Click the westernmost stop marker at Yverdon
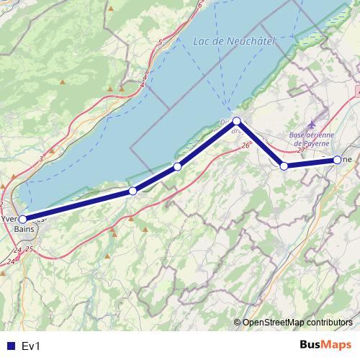22,219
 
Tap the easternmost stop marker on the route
338,159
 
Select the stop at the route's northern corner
236,121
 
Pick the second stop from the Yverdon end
132,191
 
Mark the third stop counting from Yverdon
177,167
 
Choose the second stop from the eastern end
284,166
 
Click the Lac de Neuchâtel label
235,42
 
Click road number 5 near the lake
160,43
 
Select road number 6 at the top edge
199,5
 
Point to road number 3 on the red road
42,158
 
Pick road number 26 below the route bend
246,145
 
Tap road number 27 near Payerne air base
301,150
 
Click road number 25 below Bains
30,249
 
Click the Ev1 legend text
30,346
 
